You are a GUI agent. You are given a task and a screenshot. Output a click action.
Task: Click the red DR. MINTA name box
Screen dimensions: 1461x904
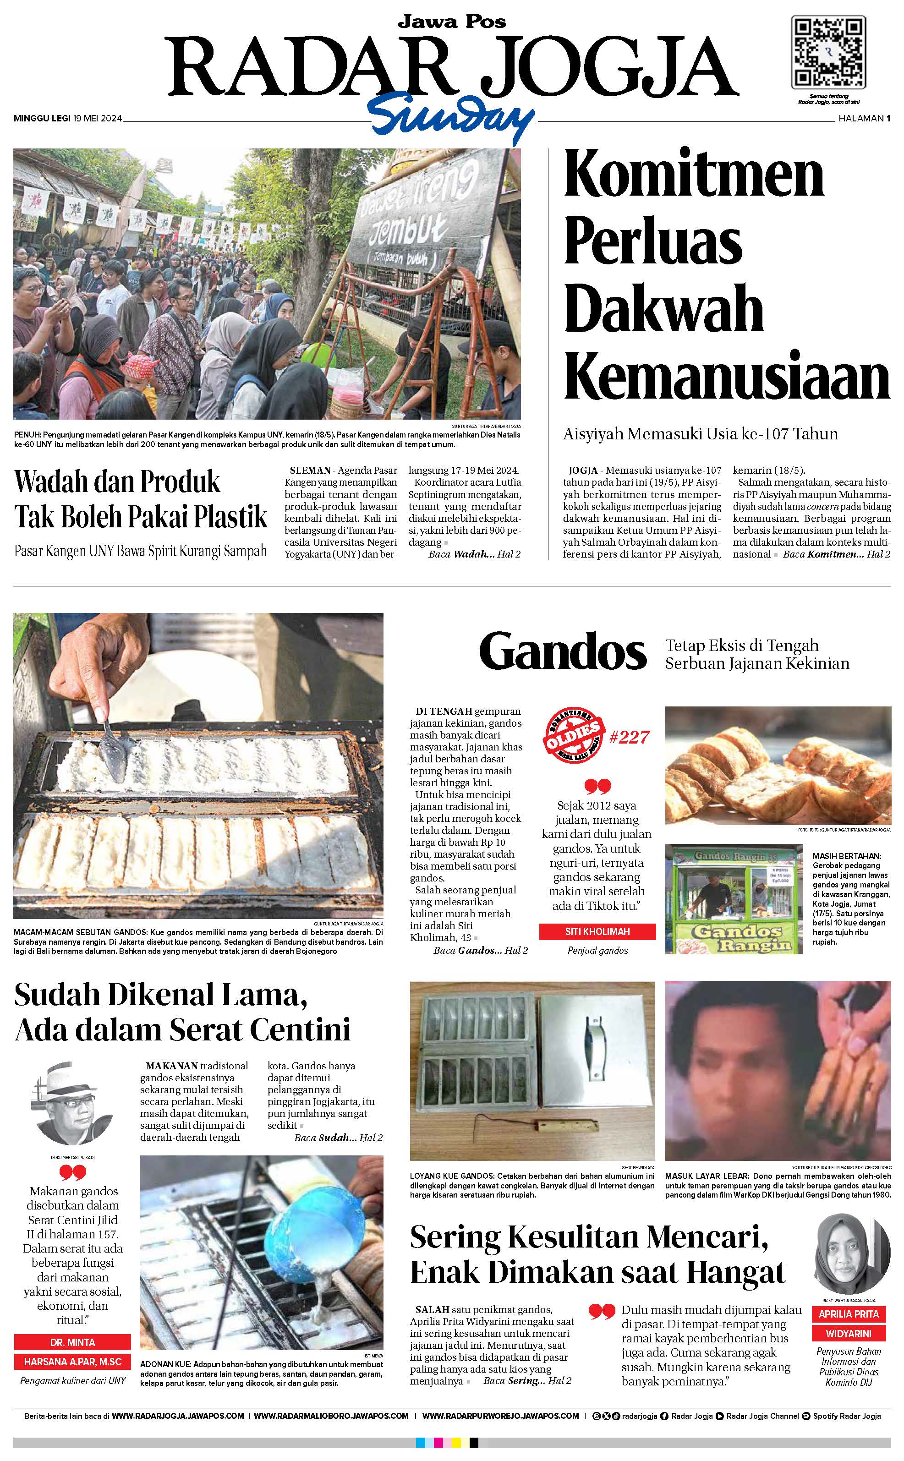(72, 1342)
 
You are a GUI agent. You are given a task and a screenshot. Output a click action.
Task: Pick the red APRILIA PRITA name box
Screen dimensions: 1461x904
(849, 1314)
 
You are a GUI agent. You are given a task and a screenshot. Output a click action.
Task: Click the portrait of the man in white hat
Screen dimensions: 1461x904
(72, 1104)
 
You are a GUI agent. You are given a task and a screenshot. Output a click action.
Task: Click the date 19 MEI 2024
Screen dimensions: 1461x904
(98, 118)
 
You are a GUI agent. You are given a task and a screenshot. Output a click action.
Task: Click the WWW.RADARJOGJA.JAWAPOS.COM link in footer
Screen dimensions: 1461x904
(178, 1416)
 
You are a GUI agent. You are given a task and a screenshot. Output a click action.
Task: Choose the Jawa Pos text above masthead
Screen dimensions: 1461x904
(452, 22)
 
